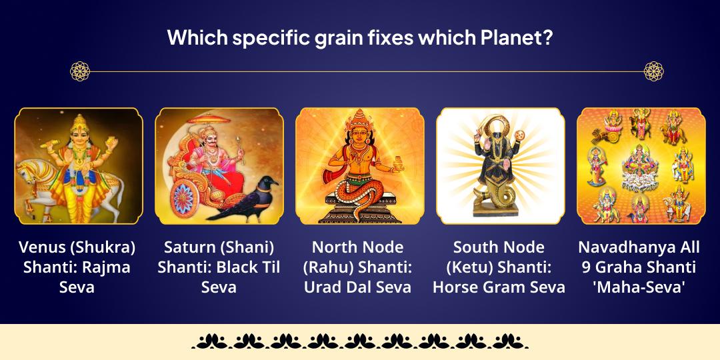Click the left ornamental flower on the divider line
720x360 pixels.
pos(80,71)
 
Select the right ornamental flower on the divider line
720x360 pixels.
pos(653,71)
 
